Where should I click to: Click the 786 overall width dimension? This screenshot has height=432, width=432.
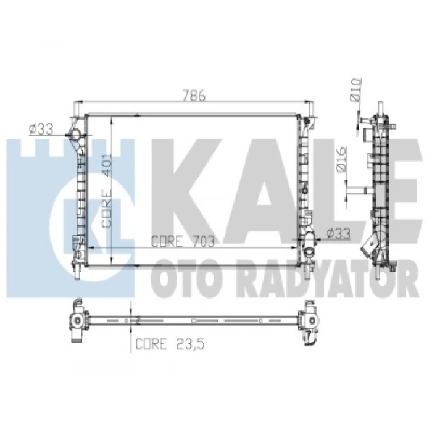pyautogui.click(x=193, y=96)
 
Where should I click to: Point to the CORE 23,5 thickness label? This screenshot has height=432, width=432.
pyautogui.click(x=165, y=344)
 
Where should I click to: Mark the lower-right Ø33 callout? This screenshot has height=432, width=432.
pyautogui.click(x=338, y=234)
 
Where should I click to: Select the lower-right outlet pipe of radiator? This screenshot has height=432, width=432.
pyautogui.click(x=311, y=235)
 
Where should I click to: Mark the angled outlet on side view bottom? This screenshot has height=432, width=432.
pyautogui.click(x=368, y=247)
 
